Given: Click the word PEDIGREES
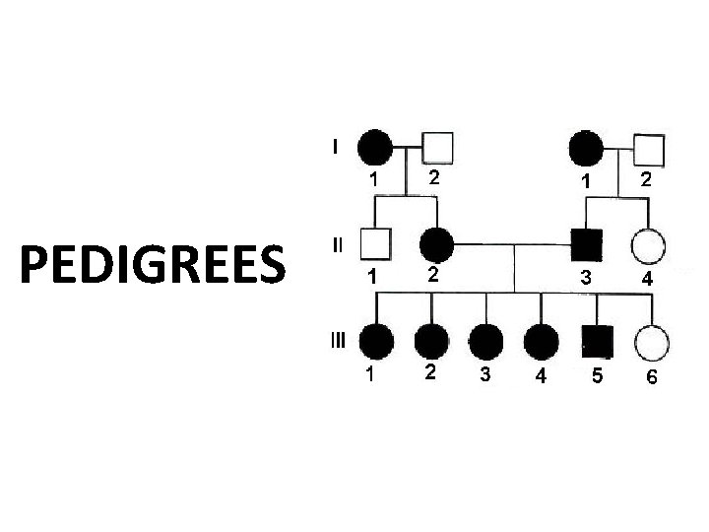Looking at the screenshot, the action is tap(154, 263).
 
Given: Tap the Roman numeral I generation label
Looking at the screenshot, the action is tap(337, 148).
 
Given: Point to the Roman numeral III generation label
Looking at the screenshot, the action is tap(338, 341).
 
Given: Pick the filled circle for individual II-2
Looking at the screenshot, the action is tap(436, 243).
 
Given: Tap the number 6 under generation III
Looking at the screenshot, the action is tap(651, 378).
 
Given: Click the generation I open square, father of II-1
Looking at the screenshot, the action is tap(438, 149).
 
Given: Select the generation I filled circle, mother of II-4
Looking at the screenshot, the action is tap(587, 148).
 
